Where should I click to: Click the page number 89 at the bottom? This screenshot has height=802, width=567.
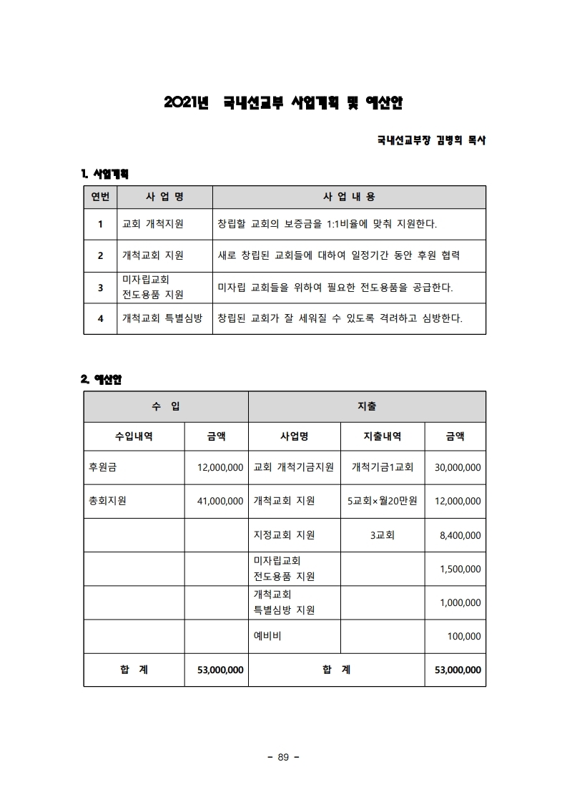click(x=282, y=758)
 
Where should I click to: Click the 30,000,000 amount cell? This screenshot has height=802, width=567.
click(x=458, y=468)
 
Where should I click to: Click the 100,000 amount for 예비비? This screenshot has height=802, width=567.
click(x=464, y=636)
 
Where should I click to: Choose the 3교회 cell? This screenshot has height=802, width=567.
click(x=383, y=535)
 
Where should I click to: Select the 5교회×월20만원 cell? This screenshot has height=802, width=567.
click(x=383, y=502)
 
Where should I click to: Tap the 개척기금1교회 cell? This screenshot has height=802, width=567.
click(x=383, y=468)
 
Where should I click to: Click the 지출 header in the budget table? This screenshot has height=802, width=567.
click(x=367, y=406)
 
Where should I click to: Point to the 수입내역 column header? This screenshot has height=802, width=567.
click(x=134, y=436)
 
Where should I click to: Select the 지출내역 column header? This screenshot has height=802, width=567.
click(x=383, y=436)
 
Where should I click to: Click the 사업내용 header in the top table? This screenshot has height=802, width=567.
click(x=349, y=197)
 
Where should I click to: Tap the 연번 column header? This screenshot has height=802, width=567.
click(x=100, y=197)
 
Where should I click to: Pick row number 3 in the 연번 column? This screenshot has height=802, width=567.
click(x=100, y=287)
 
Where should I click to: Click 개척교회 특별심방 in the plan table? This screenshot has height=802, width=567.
click(x=162, y=318)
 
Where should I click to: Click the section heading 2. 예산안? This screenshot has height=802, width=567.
click(x=102, y=379)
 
